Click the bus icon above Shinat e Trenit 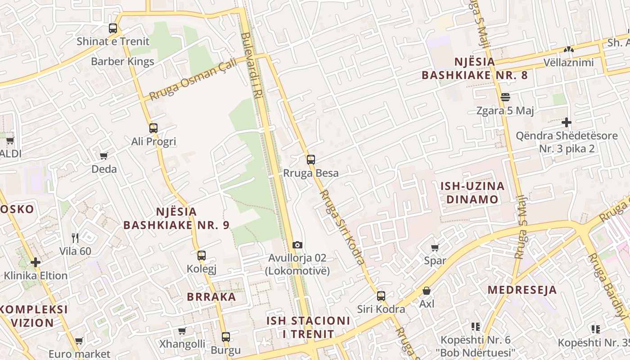click(113, 28)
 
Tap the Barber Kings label click(122, 62)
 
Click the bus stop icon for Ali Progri click(153, 128)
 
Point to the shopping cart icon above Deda click(104, 156)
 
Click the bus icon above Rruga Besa click(310, 160)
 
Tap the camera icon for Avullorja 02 click(297, 245)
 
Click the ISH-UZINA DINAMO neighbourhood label click(472, 193)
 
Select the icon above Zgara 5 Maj click(505, 97)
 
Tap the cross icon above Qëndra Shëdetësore click(567, 122)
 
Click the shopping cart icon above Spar click(435, 247)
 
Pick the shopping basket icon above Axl click(426, 291)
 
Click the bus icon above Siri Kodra click(381, 296)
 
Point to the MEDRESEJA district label click(522, 290)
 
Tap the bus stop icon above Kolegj click(202, 256)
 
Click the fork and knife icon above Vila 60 click(75, 238)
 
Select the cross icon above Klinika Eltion click(36, 262)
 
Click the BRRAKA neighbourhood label click(211, 297)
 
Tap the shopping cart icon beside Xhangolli click(182, 331)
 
